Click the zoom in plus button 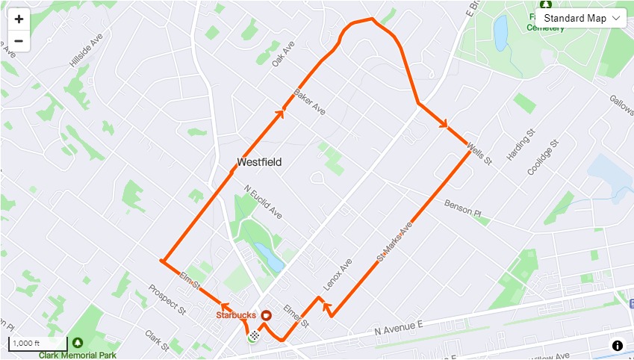[x=19, y=19]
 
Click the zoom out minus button [x=19, y=40]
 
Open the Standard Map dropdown [x=582, y=18]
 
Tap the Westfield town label [x=259, y=161]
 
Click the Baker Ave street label [x=309, y=102]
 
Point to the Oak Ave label [x=284, y=54]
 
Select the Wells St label [x=479, y=154]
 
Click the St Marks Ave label [x=395, y=240]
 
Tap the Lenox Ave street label [x=337, y=275]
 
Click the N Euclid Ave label [x=262, y=202]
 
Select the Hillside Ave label [x=85, y=52]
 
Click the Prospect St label [x=167, y=298]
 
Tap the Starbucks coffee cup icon [x=266, y=315]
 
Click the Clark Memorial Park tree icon [x=77, y=343]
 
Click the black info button [x=618, y=345]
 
